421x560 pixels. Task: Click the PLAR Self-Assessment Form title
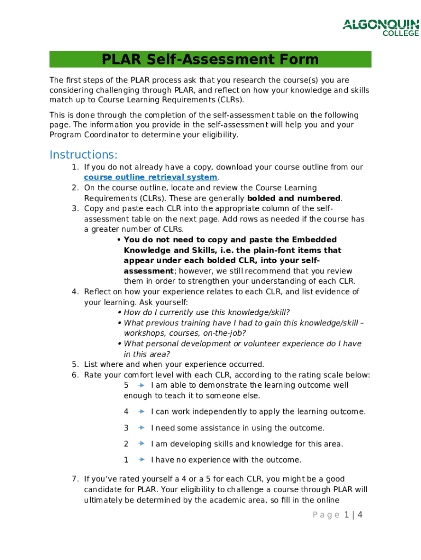210,59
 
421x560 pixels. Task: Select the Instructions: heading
83,154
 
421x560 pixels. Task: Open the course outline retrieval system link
151,177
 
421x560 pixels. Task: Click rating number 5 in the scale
126,385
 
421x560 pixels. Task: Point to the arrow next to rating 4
141,412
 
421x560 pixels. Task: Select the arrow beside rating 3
141,428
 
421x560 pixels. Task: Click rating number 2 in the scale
126,444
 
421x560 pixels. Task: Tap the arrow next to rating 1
141,460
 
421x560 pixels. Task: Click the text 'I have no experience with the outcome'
226,460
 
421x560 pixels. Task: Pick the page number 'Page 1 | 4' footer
330,515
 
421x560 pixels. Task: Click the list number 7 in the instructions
75,479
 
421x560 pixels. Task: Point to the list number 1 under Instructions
75,167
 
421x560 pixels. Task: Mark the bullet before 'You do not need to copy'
119,240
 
